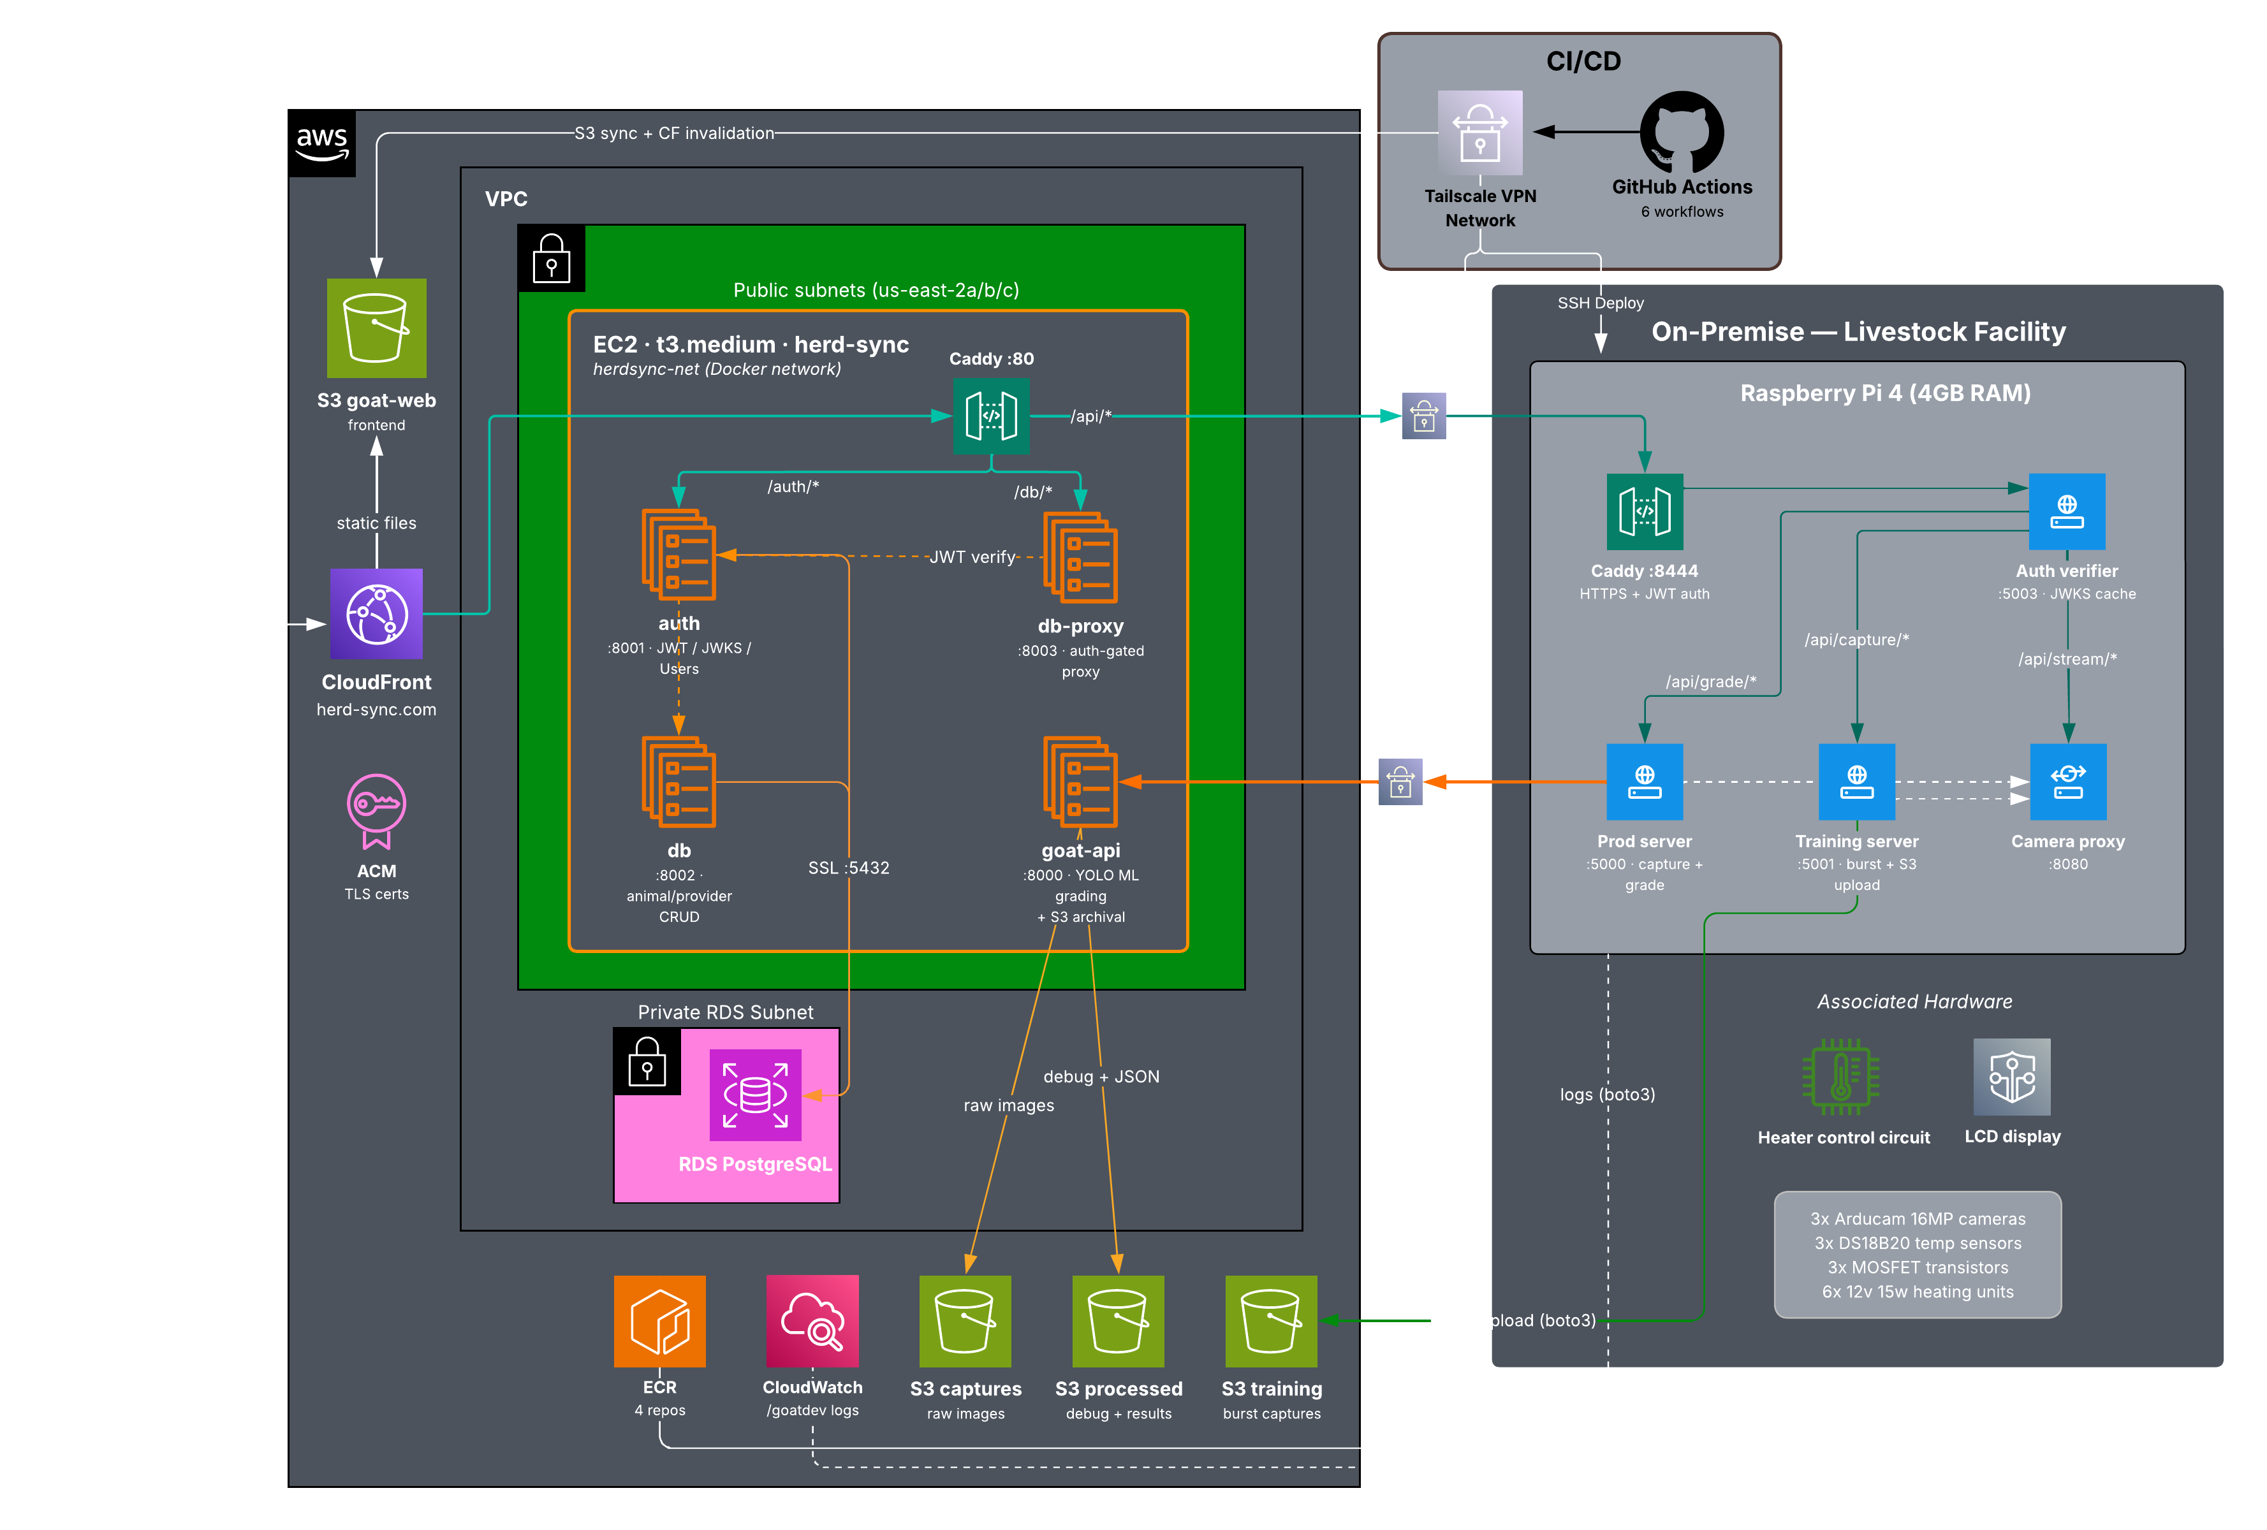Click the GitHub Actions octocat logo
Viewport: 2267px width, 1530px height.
tap(1682, 132)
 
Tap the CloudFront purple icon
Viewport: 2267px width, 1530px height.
tap(376, 615)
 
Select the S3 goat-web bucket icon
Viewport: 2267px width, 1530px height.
tap(376, 328)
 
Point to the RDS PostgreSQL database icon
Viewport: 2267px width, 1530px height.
tap(755, 1094)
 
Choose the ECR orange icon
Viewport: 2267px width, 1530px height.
tap(659, 1322)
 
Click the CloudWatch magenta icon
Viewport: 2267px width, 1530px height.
tap(812, 1322)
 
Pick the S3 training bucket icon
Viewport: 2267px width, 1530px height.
tap(1271, 1322)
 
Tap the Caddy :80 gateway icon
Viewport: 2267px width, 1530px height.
tap(991, 416)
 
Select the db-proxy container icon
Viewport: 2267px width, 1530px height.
tap(1080, 558)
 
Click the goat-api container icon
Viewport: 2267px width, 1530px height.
tap(1080, 782)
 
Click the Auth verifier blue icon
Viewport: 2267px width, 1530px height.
tap(2067, 512)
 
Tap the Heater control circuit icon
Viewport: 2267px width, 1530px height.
tap(1841, 1077)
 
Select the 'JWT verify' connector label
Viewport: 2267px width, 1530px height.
tap(972, 557)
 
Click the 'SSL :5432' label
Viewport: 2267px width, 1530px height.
tap(849, 868)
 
